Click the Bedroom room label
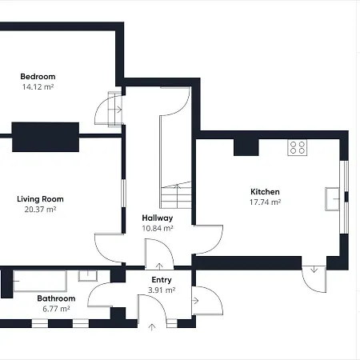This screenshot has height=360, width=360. coord(38,77)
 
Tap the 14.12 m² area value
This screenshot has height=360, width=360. coord(38,87)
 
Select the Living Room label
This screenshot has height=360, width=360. coord(40,199)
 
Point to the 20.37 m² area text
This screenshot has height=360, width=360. coord(40,210)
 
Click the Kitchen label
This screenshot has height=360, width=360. coord(265,192)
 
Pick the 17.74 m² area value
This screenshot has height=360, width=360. coord(265,202)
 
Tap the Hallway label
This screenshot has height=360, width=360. coord(158,218)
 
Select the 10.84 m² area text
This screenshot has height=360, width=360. coord(158,228)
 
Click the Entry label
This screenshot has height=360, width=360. coord(162,280)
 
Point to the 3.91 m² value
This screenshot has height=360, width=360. coord(162,290)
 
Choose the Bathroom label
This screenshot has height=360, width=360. coord(56,298)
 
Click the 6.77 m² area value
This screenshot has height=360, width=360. coord(56,309)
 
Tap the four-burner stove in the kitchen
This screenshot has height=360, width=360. coord(298,147)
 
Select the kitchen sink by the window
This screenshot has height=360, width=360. coord(332,199)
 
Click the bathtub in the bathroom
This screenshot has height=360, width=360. coord(40,281)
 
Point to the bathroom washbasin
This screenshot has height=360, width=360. coord(88,276)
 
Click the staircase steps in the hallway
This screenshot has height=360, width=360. coord(176,195)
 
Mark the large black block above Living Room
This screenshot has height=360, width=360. coord(46,137)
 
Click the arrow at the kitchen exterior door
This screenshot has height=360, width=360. coord(314,270)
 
